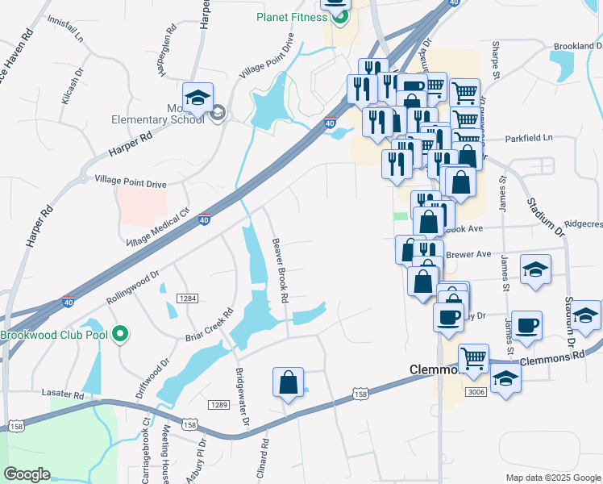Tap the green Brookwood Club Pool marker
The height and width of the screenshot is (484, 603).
(121, 333)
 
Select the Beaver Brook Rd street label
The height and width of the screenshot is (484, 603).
(280, 269)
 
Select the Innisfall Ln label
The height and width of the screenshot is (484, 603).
(65, 29)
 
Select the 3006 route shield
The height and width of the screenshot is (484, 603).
(475, 392)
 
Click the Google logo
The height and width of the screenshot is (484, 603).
(27, 474)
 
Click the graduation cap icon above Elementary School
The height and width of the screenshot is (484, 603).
(198, 98)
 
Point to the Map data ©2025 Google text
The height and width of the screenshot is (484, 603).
(553, 478)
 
